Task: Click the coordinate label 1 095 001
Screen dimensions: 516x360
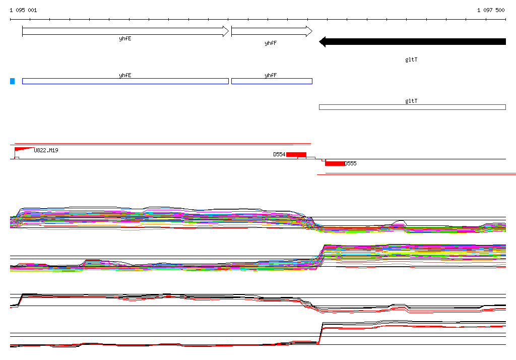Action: [x=23, y=10]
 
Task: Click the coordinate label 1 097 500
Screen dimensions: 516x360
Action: [x=491, y=10]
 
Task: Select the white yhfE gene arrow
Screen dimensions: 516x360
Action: [x=125, y=31]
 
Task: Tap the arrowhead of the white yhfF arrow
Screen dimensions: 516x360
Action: [x=309, y=31]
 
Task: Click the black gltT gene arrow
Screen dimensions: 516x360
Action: [x=412, y=41]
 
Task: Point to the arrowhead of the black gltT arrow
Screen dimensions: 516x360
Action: [x=322, y=41]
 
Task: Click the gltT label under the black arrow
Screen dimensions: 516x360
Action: [x=411, y=59]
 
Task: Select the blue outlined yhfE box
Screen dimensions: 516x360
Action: [x=125, y=81]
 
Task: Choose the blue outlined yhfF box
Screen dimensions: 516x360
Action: [x=272, y=81]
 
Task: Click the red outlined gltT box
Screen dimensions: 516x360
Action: [x=412, y=107]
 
